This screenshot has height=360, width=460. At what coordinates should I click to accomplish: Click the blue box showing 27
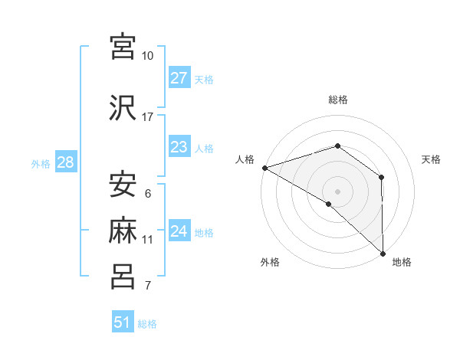(179, 78)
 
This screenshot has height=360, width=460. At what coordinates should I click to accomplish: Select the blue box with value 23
(179, 147)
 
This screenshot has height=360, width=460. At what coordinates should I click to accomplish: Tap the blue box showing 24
(179, 231)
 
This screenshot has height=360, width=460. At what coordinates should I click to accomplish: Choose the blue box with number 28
(65, 162)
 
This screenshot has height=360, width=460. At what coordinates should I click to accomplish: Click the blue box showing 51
(123, 322)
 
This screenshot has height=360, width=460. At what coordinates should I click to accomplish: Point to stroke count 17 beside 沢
(148, 116)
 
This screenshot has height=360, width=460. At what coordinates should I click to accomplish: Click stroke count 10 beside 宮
(148, 56)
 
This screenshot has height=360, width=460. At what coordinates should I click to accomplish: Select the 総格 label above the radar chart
(338, 100)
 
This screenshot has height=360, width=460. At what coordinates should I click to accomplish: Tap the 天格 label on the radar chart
(432, 159)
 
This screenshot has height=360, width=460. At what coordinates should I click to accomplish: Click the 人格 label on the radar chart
(245, 159)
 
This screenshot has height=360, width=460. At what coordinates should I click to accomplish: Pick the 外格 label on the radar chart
(270, 262)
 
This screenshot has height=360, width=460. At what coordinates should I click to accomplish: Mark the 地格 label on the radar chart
(402, 262)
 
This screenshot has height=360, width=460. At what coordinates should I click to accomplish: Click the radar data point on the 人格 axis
(264, 168)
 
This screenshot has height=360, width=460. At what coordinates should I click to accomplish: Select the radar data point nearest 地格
(383, 252)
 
